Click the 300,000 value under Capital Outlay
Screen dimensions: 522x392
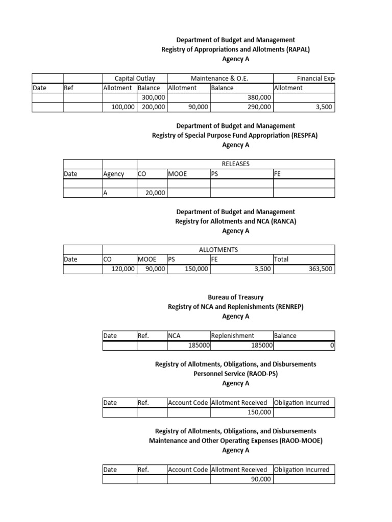(154, 97)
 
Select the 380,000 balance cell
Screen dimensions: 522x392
(259, 97)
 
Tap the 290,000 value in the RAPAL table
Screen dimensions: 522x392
(259, 107)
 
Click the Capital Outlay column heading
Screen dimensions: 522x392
(135, 79)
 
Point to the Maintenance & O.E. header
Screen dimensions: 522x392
(223, 79)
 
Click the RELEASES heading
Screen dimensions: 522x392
(235, 164)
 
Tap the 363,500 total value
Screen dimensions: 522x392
(322, 269)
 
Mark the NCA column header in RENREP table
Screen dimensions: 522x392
(175, 336)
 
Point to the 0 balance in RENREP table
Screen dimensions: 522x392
(332, 346)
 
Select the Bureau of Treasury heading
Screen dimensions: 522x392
(235, 297)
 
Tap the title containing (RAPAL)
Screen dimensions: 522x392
(235, 49)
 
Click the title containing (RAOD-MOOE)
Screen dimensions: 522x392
(235, 441)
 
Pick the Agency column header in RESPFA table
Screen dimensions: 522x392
(114, 174)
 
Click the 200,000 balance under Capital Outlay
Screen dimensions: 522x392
(154, 107)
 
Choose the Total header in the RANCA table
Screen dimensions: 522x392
(281, 259)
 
